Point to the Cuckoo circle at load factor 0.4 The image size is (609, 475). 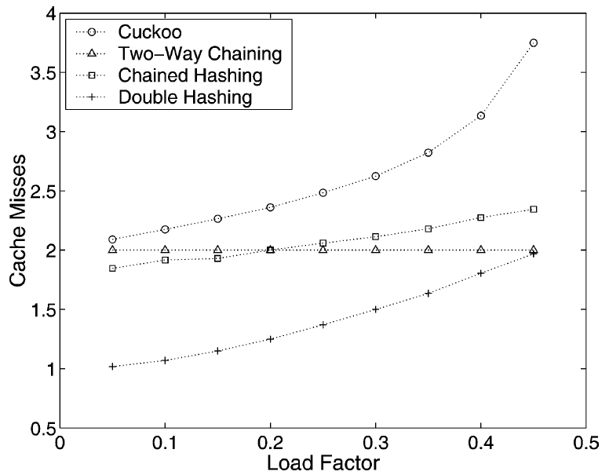480,115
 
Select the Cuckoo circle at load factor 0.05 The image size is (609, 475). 112,239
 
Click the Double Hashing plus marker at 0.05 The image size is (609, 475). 112,367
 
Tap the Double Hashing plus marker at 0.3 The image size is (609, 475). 375,309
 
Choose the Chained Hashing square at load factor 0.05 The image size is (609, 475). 112,269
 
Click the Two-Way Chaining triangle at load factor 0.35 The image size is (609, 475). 428,250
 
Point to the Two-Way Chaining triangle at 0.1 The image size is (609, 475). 165,250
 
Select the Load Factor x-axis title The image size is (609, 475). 323,462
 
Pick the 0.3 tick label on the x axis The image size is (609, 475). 375,443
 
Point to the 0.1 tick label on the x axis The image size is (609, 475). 165,443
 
